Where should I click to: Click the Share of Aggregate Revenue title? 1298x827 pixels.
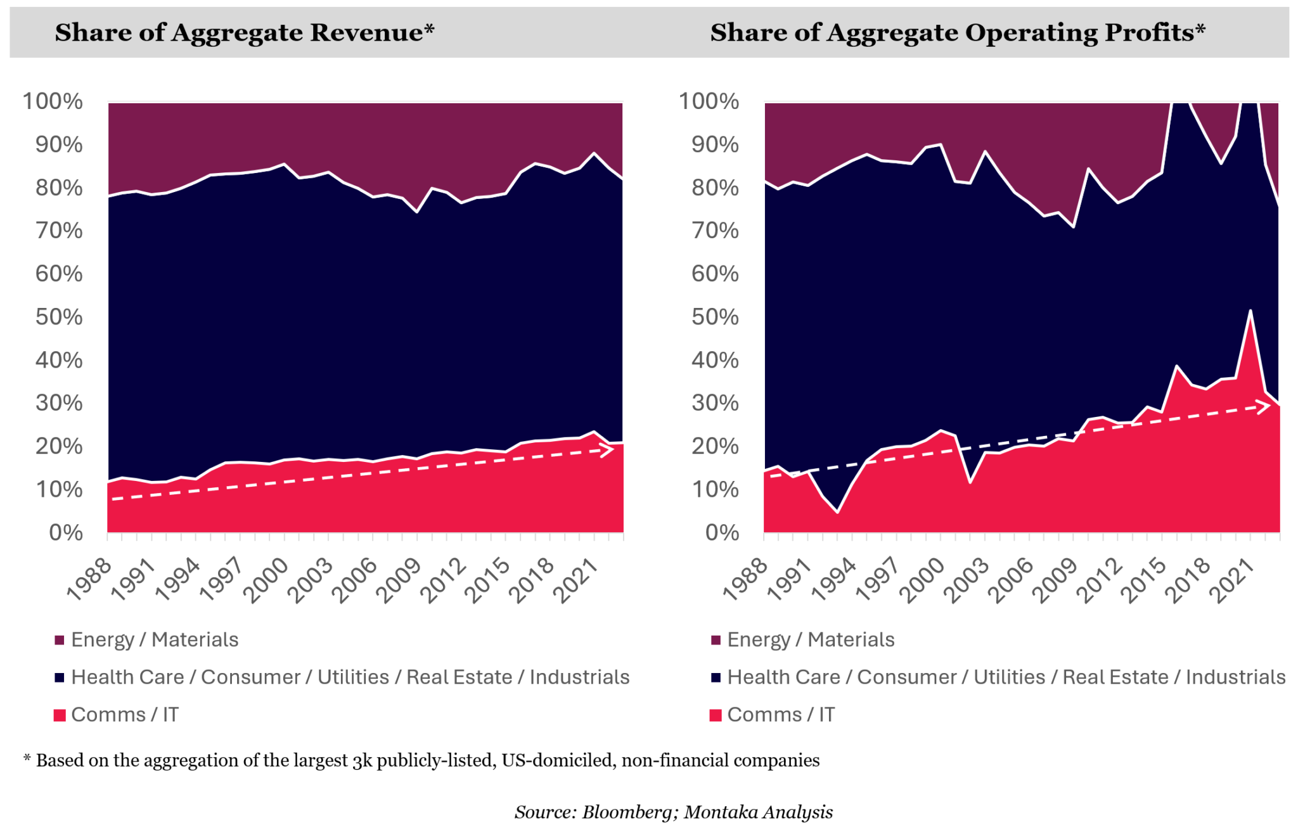(x=245, y=33)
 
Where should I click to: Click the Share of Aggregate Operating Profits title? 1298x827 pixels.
(x=957, y=33)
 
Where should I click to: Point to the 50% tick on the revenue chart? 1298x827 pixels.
(x=59, y=317)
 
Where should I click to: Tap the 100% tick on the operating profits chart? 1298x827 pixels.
(x=709, y=101)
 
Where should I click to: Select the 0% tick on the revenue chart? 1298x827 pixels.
(x=66, y=532)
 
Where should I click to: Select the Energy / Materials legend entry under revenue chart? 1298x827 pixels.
(x=155, y=639)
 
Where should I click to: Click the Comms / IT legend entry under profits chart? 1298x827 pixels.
(x=781, y=715)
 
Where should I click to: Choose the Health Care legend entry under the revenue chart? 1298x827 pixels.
(x=350, y=677)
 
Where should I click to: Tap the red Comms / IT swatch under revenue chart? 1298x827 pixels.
(x=60, y=715)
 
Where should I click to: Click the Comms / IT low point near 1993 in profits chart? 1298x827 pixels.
(x=838, y=511)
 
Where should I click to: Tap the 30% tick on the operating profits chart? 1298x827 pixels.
(x=715, y=403)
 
